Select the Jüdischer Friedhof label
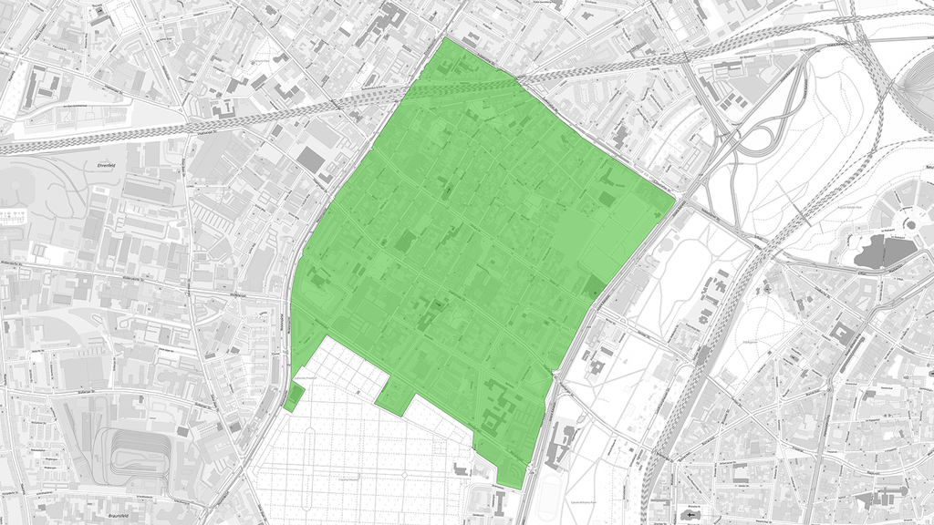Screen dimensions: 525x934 click(x=303, y=374)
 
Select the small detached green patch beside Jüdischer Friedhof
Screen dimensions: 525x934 click(x=294, y=398)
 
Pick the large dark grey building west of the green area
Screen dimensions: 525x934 click(x=311, y=160)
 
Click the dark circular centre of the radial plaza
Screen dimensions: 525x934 click(x=908, y=224)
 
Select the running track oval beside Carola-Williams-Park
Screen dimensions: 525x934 click(x=547, y=498)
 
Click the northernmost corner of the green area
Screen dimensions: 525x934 click(x=446, y=38)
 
